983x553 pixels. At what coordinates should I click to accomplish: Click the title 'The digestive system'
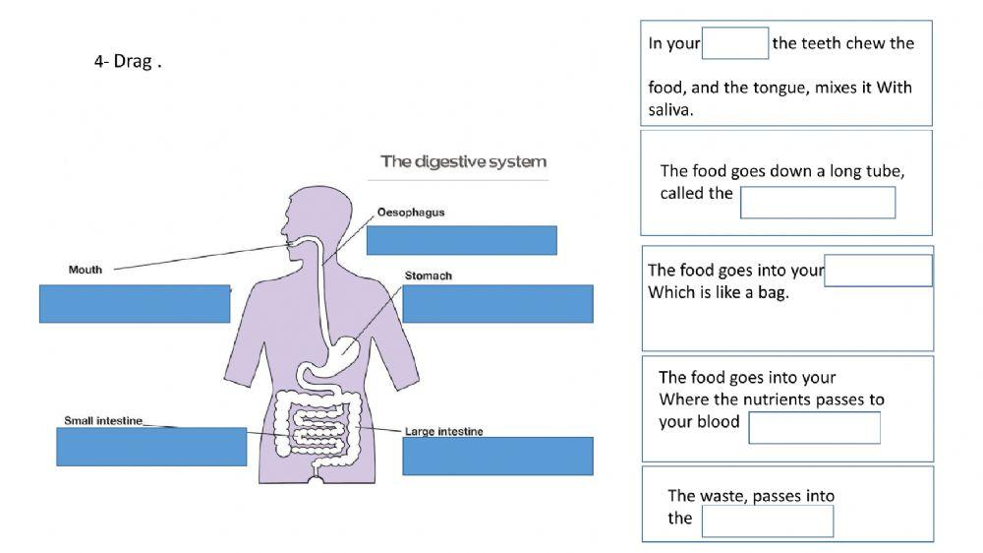[x=463, y=161]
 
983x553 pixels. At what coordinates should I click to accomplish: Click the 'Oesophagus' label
[x=411, y=213]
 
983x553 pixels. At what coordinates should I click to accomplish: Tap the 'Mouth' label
[x=86, y=270]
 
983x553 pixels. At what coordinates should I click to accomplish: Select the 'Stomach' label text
[x=429, y=276]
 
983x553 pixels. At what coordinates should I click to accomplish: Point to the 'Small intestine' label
[x=103, y=421]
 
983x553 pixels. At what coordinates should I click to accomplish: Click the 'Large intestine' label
[x=443, y=432]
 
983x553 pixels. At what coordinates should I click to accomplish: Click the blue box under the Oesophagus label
[x=461, y=240]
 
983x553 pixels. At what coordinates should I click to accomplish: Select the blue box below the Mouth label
[x=135, y=303]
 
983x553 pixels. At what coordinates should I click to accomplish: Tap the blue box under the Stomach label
[x=497, y=303]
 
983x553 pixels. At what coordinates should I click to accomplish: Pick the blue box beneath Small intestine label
[x=151, y=447]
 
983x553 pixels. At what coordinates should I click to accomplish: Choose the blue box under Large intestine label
[x=497, y=456]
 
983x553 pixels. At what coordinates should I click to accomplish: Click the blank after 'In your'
[x=734, y=43]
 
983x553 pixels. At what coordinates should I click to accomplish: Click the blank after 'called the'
[x=817, y=203]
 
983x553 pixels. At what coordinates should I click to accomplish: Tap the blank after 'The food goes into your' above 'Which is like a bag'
[x=877, y=271]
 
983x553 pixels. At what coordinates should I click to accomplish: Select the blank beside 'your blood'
[x=814, y=428]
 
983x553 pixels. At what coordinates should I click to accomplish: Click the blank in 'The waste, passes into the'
[x=767, y=521]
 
